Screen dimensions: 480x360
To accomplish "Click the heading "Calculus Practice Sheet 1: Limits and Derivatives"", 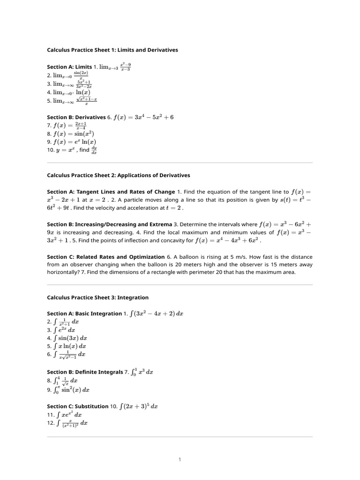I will pos(112,50).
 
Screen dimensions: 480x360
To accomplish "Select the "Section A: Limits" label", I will pos(69,67).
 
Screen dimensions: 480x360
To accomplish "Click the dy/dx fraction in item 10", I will pos(94,150).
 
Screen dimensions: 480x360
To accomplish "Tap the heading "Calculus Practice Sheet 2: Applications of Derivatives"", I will pos(119,175).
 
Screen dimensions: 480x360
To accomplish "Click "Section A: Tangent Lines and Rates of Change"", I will pos(110,192).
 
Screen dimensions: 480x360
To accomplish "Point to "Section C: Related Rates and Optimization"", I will pos(106,257).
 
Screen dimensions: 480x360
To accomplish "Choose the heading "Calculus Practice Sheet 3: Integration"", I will pos(98,297).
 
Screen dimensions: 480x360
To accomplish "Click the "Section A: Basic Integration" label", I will pos(84,314).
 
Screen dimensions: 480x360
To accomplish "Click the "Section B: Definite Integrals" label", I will pos(85,372).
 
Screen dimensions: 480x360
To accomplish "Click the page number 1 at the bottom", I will pos(180,460).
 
